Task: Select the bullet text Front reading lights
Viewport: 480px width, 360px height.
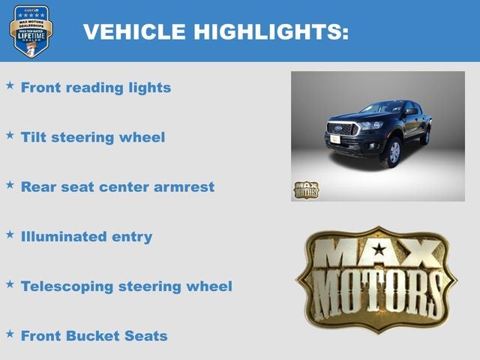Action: (96, 88)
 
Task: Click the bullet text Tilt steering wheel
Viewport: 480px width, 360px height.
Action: (93, 137)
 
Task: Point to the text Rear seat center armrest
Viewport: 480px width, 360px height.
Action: (118, 187)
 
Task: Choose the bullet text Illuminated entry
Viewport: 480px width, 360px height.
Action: (86, 237)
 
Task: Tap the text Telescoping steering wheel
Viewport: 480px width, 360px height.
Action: (127, 286)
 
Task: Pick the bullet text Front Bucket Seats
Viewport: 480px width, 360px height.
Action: (94, 336)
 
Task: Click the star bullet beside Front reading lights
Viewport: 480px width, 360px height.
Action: (10, 85)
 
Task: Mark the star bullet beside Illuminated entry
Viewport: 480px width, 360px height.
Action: (10, 235)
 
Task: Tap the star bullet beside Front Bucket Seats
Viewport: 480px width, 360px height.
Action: (10, 334)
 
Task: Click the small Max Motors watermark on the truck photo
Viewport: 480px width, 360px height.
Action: (305, 190)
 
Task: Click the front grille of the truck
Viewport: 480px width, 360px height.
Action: (342, 130)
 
